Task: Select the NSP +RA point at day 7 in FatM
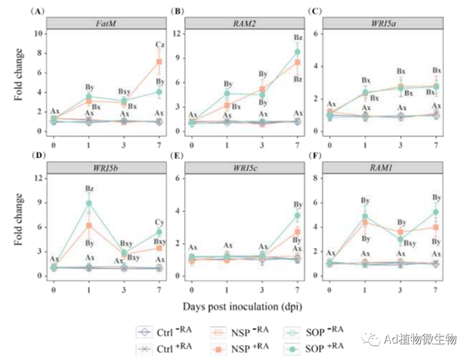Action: (160, 61)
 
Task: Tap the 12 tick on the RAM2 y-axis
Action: (185, 33)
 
